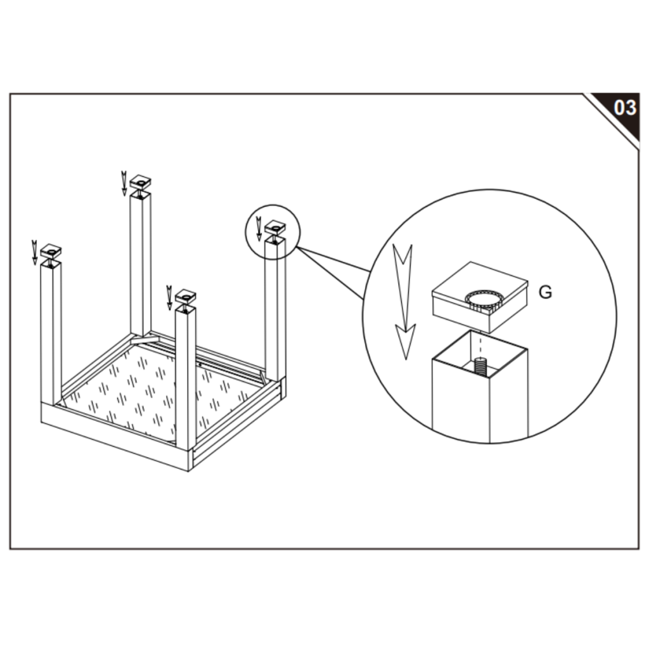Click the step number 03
point(625,108)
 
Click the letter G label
point(545,292)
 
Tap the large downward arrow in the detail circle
point(404,301)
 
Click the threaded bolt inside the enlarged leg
point(480,367)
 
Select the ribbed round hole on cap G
point(484,300)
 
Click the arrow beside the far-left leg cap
point(35,252)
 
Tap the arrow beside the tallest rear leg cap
point(124,183)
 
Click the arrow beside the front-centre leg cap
point(169,298)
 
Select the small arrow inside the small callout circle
point(259,228)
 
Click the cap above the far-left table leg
point(51,252)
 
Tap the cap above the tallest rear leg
point(141,182)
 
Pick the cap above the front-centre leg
point(186,297)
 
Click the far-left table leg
point(51,333)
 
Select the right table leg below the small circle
point(275,311)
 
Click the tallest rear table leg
point(141,264)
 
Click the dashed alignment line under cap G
point(480,343)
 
